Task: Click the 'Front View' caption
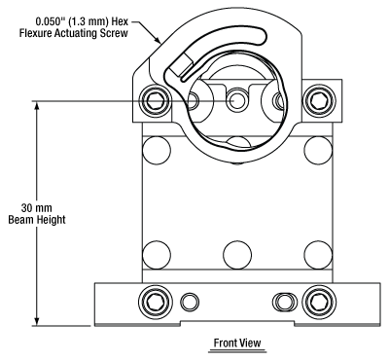tap(237, 342)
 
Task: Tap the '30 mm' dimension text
tap(37, 207)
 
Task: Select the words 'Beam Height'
tap(37, 220)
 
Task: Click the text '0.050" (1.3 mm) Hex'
tap(82, 21)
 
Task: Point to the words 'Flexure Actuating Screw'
tap(74, 33)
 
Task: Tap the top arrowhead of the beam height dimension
tap(37, 106)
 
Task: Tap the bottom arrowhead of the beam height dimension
tap(37, 321)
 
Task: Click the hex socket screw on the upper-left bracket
tap(155, 101)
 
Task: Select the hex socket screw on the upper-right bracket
tap(319, 101)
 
